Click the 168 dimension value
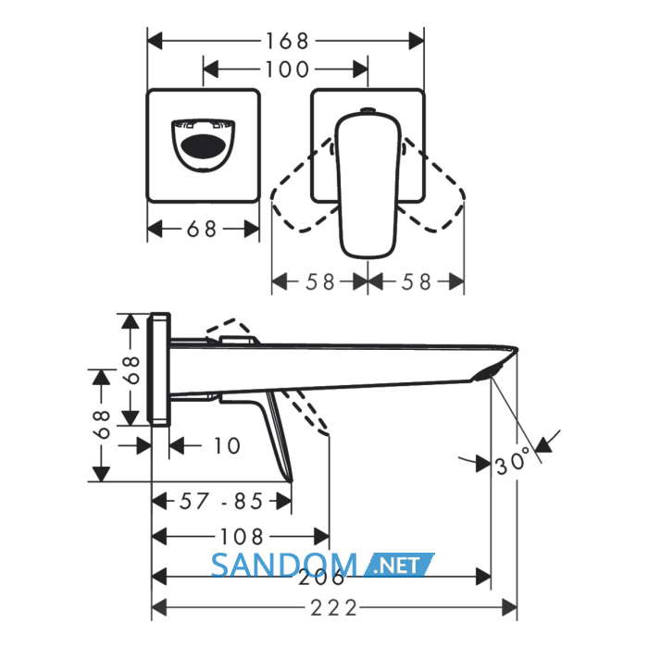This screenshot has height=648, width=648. coord(287,42)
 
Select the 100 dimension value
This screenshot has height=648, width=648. coord(287,69)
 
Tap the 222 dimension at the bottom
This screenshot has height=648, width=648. coord(333,608)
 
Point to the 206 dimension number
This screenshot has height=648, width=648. coord(321,578)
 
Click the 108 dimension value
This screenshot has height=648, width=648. coord(242,537)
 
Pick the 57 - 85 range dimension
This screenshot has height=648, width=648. coord(221,502)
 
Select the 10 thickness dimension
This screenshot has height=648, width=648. coord(227,446)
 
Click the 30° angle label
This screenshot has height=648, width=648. coord(513,460)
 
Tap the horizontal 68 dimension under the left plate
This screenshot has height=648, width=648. coord(202,229)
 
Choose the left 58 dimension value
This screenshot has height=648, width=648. coord(320,282)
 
